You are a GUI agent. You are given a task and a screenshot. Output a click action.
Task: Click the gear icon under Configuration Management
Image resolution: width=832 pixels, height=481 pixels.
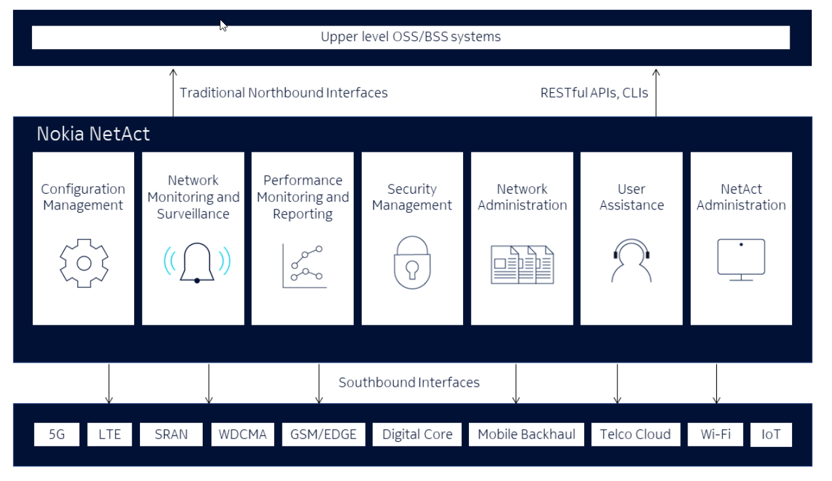[x=84, y=263]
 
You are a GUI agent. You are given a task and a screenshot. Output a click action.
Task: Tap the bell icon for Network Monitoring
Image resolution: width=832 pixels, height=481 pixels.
[x=197, y=263]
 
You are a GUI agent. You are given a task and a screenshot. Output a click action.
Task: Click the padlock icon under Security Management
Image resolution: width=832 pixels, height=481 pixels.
[x=412, y=263]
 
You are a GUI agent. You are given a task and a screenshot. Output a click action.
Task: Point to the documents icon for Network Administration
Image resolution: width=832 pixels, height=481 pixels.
[x=522, y=264]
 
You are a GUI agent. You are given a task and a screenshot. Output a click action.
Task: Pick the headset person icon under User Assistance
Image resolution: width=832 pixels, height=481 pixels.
[x=631, y=260]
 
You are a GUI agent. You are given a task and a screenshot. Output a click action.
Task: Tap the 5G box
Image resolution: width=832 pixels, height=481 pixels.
[x=57, y=435]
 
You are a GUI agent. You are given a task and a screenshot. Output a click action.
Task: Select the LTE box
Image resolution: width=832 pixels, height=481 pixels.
[x=109, y=435]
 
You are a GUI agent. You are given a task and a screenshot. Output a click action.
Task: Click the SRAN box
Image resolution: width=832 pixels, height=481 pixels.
[x=171, y=435]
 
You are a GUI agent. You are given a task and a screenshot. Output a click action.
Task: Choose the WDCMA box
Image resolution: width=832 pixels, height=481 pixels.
[x=243, y=435]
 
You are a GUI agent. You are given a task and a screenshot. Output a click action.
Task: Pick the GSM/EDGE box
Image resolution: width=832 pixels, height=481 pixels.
[x=324, y=435]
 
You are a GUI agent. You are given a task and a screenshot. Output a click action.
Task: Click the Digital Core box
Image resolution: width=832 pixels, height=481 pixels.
[x=417, y=435]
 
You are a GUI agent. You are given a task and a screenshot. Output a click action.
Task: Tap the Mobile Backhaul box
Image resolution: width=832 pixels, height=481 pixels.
[x=527, y=435]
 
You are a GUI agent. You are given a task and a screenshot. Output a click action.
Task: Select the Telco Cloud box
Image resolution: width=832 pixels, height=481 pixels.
[x=635, y=435]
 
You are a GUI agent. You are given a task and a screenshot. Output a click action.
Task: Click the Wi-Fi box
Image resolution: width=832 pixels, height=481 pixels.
[x=715, y=435]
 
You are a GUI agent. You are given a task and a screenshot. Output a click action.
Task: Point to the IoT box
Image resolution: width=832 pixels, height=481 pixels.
[x=771, y=435]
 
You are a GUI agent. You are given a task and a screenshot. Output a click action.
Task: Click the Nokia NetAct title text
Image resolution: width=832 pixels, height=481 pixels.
[x=93, y=134]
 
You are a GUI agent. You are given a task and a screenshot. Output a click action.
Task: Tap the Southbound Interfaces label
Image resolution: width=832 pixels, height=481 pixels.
[x=409, y=382]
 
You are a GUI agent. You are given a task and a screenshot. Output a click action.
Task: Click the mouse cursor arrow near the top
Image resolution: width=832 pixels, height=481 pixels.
[x=223, y=26]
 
